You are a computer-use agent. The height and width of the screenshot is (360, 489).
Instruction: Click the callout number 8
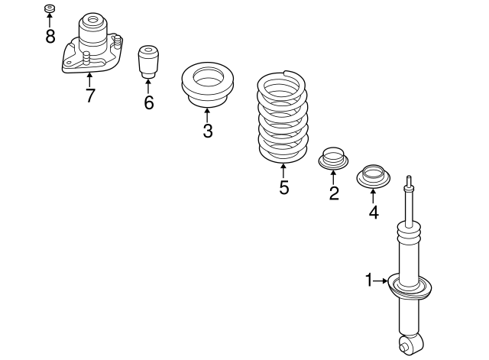click(50, 36)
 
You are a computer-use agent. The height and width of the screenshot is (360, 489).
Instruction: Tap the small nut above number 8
click(50, 9)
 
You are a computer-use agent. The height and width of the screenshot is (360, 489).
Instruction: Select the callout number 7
click(90, 96)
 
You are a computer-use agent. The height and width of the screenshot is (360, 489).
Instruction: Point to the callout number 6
click(148, 102)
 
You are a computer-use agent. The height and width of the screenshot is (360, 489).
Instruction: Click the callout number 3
click(207, 131)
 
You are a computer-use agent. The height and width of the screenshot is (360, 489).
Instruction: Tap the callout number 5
click(283, 187)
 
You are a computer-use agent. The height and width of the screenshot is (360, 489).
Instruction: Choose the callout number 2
click(334, 193)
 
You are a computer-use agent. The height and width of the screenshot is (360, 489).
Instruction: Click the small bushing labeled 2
click(333, 159)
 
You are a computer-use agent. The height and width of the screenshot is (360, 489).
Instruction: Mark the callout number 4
click(374, 212)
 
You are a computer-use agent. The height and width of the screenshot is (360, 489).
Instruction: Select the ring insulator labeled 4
click(374, 177)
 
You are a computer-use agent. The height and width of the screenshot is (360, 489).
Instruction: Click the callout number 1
click(368, 281)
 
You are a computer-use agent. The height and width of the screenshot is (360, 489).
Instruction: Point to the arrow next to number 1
click(382, 281)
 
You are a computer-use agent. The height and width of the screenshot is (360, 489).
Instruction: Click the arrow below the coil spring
click(283, 171)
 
